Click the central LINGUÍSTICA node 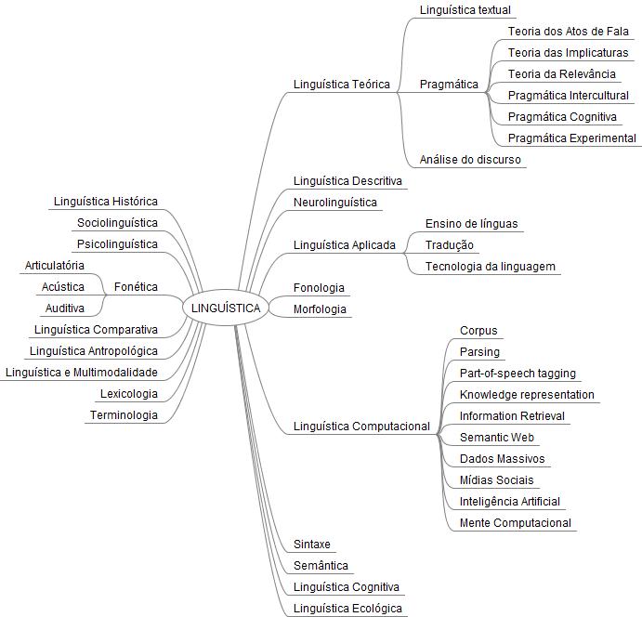(227, 308)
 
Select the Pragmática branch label (449, 85)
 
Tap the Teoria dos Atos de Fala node (568, 32)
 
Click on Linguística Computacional (361, 427)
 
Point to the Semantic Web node (497, 437)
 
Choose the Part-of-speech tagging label (518, 374)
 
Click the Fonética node (136, 287)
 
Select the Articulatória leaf (54, 266)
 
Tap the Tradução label (450, 245)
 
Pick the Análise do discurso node (470, 160)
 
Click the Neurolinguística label (335, 202)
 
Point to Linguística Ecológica (347, 609)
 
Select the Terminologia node (124, 415)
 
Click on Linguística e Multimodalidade (81, 373)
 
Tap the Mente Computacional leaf (515, 523)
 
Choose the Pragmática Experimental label (572, 138)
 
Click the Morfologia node (320, 309)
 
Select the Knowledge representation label (527, 395)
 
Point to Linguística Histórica (106, 202)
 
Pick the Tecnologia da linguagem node (490, 267)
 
